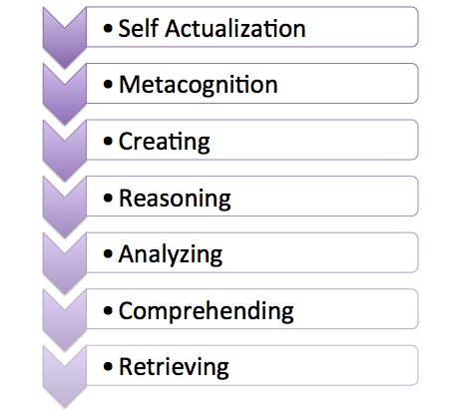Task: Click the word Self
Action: pyautogui.click(x=138, y=28)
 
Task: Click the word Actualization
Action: pyautogui.click(x=234, y=28)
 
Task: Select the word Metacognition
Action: pyautogui.click(x=199, y=85)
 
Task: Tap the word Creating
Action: pyautogui.click(x=165, y=142)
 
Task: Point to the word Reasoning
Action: pyautogui.click(x=175, y=199)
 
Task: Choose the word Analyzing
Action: pyautogui.click(x=171, y=254)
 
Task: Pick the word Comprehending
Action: pyautogui.click(x=207, y=311)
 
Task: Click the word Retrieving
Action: pyautogui.click(x=174, y=367)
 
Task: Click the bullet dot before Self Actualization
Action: pyautogui.click(x=108, y=29)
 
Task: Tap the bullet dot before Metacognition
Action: pyautogui.click(x=108, y=85)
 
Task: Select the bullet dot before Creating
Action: pyautogui.click(x=108, y=142)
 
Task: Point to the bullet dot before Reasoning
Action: pyautogui.click(x=108, y=199)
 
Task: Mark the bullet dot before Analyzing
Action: pyautogui.click(x=108, y=254)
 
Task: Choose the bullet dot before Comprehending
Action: pyautogui.click(x=108, y=311)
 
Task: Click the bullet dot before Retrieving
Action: pyautogui.click(x=108, y=367)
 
